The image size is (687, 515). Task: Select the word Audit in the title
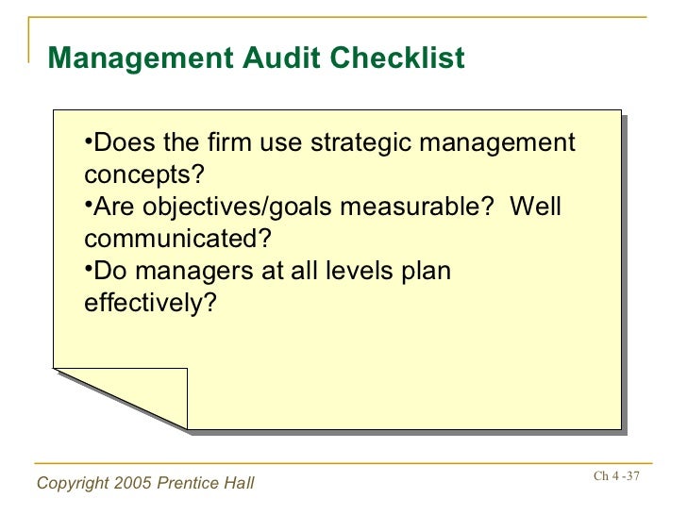277,58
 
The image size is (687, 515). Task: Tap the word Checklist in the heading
400,58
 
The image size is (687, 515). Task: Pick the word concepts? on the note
144,176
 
